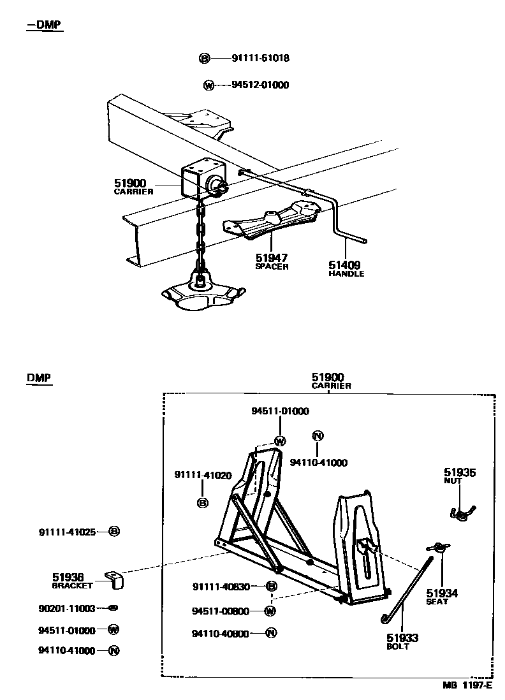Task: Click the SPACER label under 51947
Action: tap(272, 266)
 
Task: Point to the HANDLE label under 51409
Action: tap(346, 273)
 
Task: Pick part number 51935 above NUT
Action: tap(460, 472)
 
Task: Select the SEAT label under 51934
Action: tap(437, 601)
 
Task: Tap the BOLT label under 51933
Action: tap(398, 646)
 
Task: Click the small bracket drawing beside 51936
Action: tap(115, 580)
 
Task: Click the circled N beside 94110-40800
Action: tap(270, 633)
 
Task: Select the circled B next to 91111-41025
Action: tap(114, 531)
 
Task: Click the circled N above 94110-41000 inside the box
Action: tap(318, 436)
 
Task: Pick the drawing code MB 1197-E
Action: tap(468, 686)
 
